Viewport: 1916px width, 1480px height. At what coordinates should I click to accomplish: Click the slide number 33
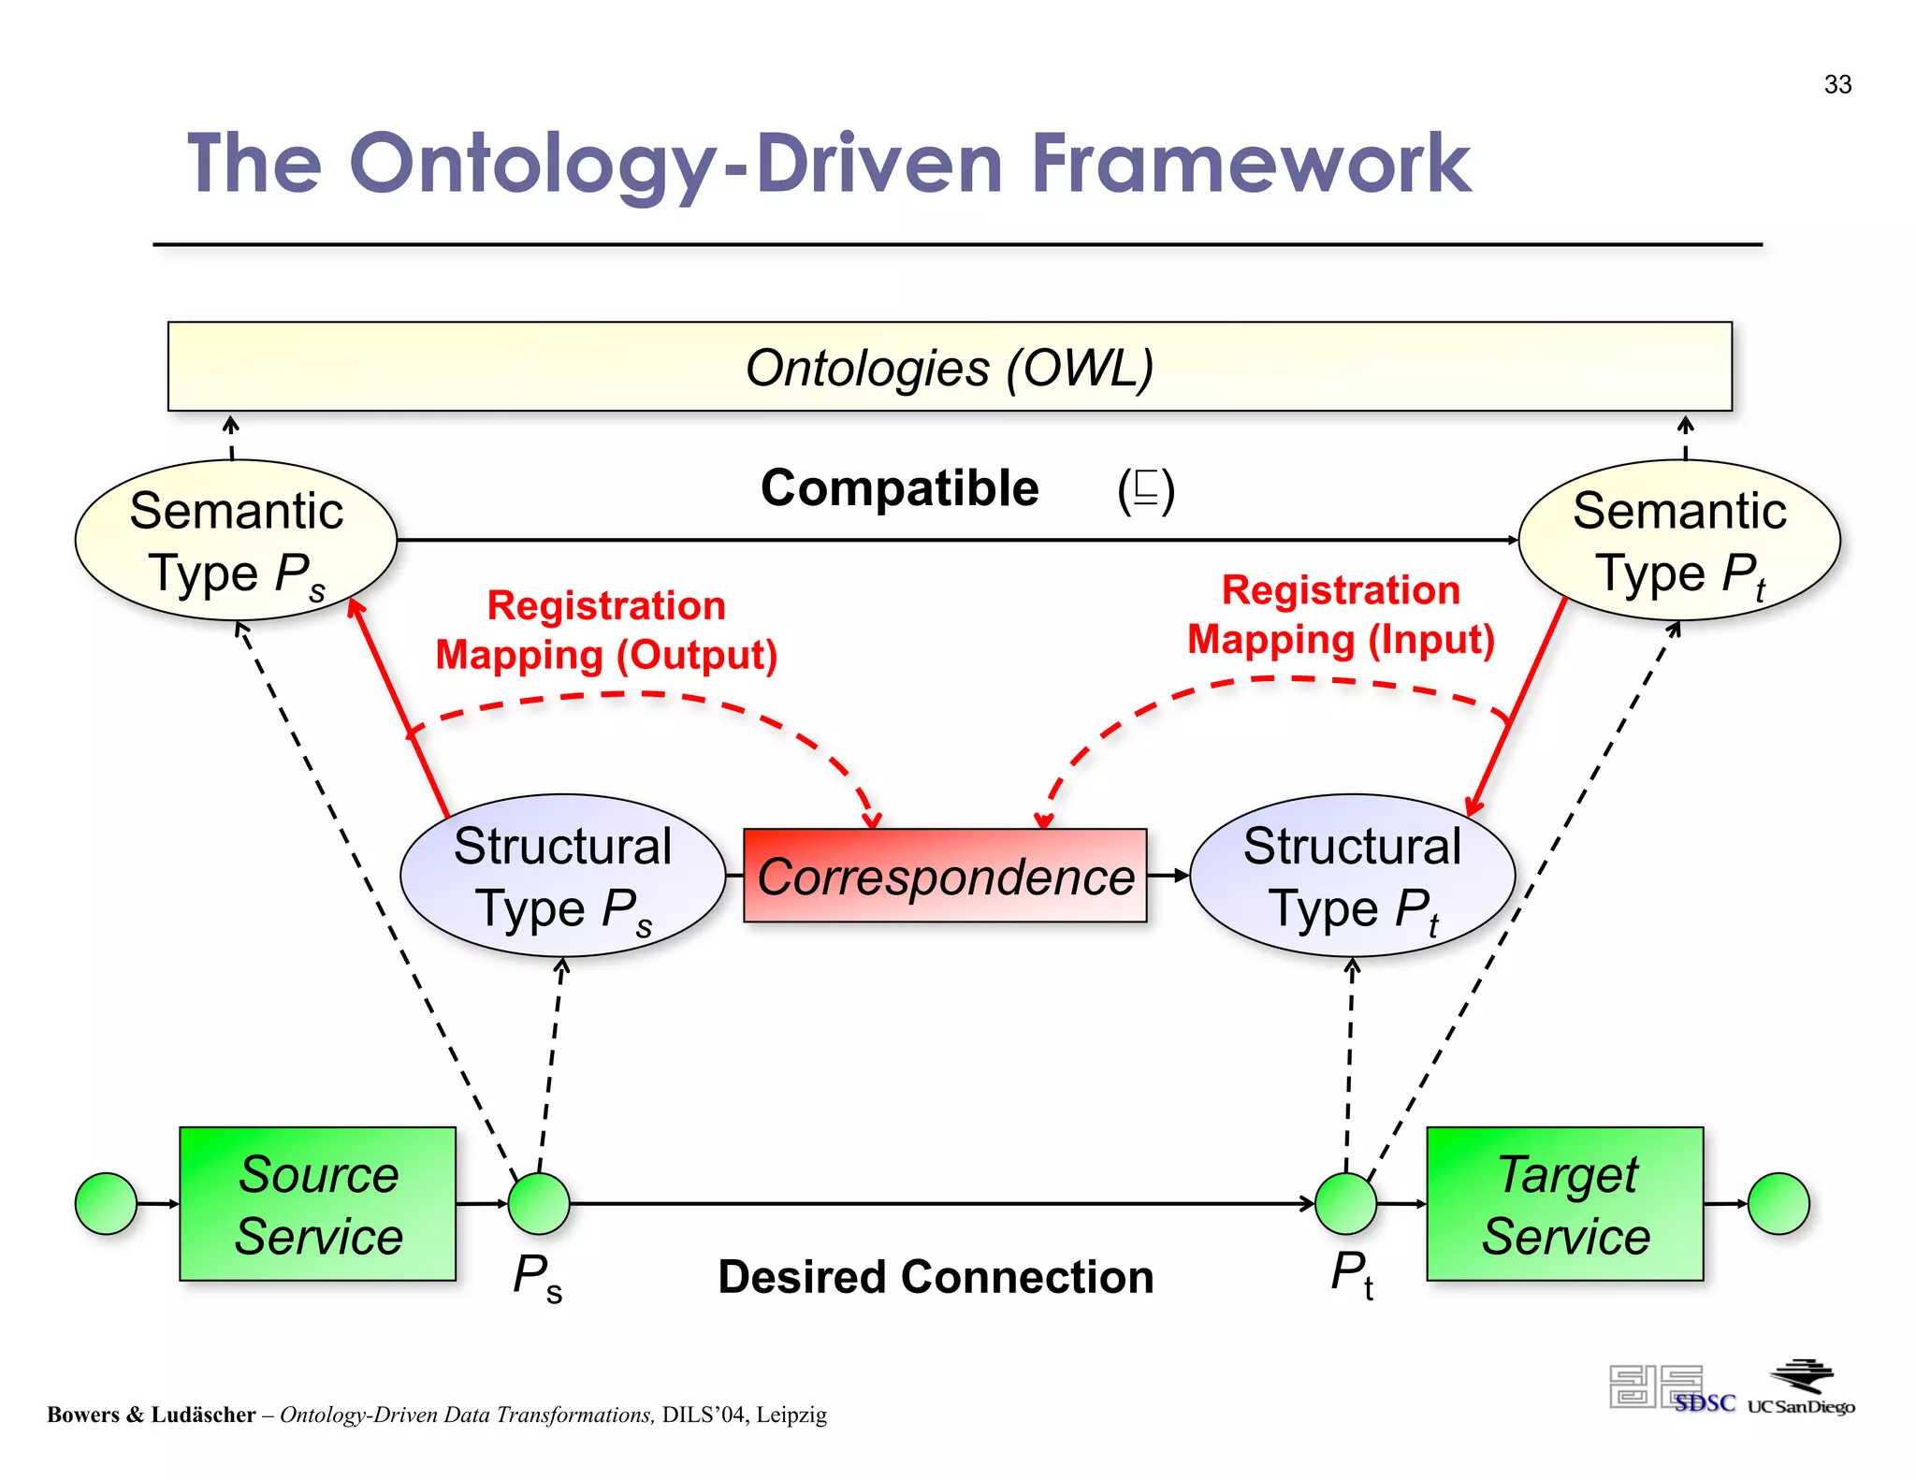click(x=1836, y=84)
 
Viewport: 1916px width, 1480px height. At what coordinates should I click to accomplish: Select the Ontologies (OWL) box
click(x=949, y=367)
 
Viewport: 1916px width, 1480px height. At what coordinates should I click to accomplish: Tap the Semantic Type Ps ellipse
click(x=236, y=540)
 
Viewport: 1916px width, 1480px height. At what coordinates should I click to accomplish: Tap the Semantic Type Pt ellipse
click(x=1678, y=540)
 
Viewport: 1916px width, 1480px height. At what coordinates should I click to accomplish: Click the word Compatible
click(x=899, y=488)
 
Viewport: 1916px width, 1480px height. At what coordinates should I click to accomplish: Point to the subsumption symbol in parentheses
click(x=1145, y=489)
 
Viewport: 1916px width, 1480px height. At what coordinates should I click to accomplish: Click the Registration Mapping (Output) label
click(x=606, y=630)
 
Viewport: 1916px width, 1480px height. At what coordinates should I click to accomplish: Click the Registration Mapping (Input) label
click(x=1340, y=615)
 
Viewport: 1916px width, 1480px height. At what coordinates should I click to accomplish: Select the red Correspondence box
click(x=945, y=876)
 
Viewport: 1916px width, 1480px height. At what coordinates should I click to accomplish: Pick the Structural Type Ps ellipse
click(x=562, y=876)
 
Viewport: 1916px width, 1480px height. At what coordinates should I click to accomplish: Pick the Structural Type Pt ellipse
click(x=1352, y=876)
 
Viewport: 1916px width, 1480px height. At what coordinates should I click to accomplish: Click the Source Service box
click(x=317, y=1203)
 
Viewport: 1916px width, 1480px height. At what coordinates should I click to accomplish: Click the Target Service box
click(x=1564, y=1203)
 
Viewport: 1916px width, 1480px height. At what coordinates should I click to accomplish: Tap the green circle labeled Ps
click(x=539, y=1203)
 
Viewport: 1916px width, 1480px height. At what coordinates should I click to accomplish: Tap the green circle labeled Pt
click(x=1345, y=1203)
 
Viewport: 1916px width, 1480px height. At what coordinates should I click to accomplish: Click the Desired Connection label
click(x=936, y=1277)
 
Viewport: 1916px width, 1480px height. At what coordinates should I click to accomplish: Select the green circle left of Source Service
click(x=106, y=1203)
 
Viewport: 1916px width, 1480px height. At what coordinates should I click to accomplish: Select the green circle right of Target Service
click(x=1778, y=1203)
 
